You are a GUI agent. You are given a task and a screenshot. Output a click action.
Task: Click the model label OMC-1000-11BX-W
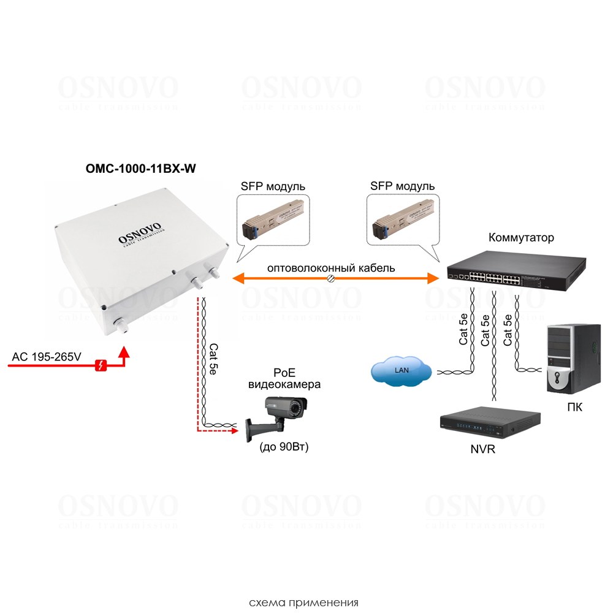140,169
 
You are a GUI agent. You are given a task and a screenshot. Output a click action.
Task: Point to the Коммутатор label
521,237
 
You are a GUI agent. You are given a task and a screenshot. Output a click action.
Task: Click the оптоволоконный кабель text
331,268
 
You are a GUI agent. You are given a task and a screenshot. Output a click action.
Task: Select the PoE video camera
277,417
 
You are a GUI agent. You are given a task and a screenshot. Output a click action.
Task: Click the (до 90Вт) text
284,447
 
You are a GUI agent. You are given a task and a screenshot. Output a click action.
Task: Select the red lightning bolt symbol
101,365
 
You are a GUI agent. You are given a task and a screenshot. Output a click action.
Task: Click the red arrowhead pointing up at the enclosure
124,351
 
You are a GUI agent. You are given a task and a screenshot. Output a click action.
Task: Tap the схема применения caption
303,602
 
